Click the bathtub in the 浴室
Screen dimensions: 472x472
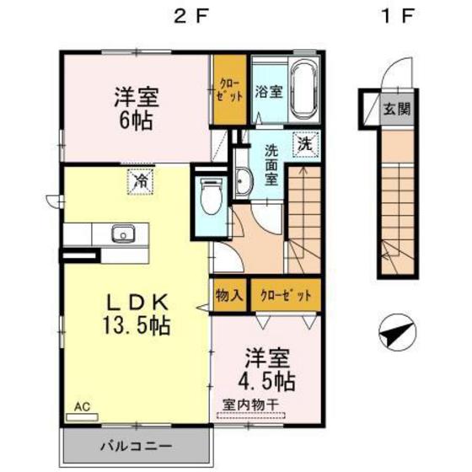[x=303, y=90]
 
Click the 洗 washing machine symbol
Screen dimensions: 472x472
[x=304, y=142]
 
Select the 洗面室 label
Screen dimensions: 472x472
[x=272, y=165]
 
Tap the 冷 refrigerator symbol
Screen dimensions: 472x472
[x=142, y=180]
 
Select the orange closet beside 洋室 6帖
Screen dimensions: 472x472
[x=228, y=90]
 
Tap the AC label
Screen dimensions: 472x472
[x=81, y=405]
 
